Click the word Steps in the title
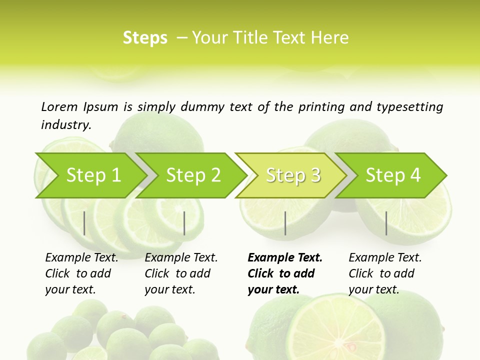tap(145, 37)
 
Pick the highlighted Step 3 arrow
tap(293, 175)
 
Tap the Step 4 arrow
tap(393, 175)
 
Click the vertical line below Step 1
tap(84, 223)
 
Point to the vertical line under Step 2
tap(184, 223)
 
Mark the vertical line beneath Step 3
tap(285, 223)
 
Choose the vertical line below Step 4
tap(386, 223)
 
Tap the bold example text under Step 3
tap(284, 273)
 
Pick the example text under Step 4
tap(385, 273)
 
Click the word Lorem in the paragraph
tap(59, 106)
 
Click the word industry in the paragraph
tap(65, 124)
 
